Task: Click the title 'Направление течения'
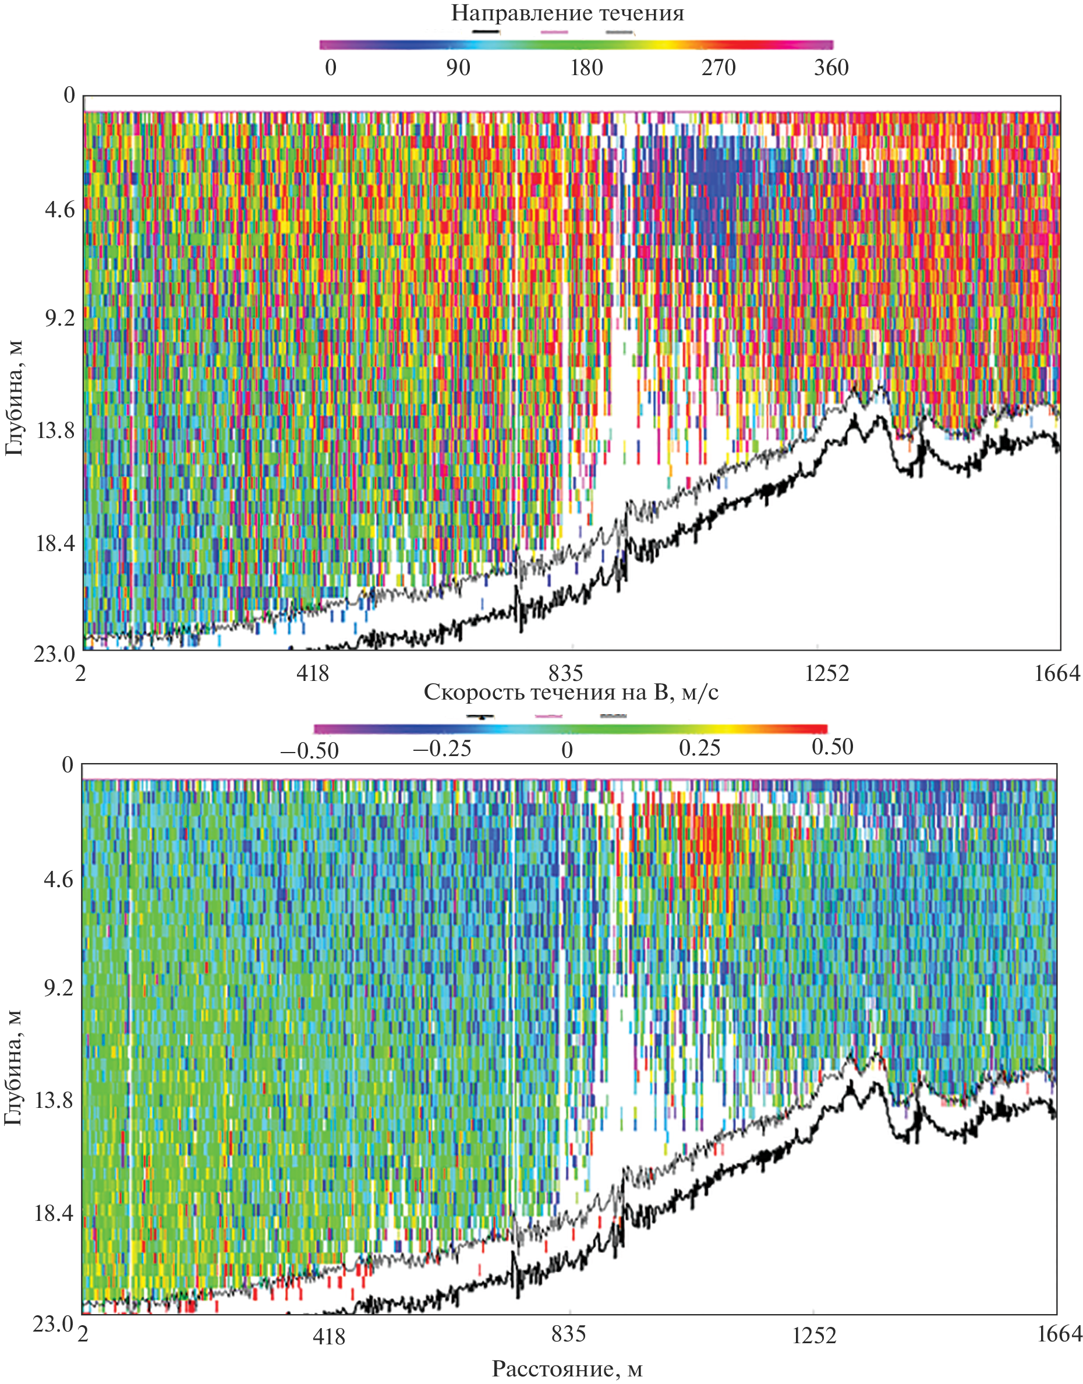pos(568,13)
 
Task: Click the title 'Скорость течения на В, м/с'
pos(571,692)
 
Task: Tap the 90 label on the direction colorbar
pos(457,68)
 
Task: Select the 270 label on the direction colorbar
pos(718,68)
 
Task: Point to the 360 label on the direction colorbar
pos(831,68)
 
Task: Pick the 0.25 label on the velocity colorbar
pos(699,749)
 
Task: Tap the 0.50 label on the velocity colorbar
pos(832,747)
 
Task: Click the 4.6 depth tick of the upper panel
pos(59,209)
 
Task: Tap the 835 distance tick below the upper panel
pos(565,673)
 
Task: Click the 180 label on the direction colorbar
pos(586,68)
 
